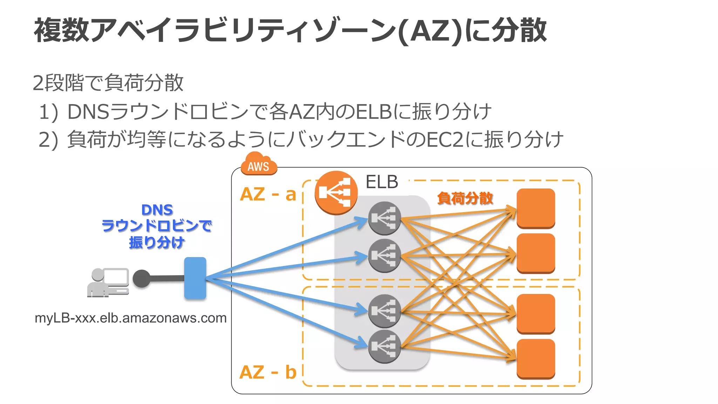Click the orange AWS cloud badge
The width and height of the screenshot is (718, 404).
coord(259,164)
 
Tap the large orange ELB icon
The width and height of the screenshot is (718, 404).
coord(336,193)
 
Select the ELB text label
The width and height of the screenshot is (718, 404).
coord(382,182)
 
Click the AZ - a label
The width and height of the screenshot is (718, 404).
coord(268,194)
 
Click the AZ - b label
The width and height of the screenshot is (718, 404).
coord(268,372)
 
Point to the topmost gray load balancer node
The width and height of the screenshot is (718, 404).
coord(385,218)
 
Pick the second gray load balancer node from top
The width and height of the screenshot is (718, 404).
coord(385,256)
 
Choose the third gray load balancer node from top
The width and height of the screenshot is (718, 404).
coord(385,311)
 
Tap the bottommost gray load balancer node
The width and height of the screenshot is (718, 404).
coord(385,346)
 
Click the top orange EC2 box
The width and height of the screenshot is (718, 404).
coord(536,208)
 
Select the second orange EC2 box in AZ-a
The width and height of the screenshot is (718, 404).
coord(536,253)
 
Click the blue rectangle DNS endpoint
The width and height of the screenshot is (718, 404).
coord(195,278)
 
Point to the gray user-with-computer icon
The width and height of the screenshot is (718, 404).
coord(108,283)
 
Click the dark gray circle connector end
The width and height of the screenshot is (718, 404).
coord(142,279)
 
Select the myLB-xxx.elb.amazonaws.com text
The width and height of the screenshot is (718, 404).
coord(130,318)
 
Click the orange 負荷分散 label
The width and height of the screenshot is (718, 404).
coord(465,198)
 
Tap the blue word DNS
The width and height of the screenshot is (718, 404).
coord(157,210)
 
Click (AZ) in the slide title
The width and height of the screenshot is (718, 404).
coord(431,31)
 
